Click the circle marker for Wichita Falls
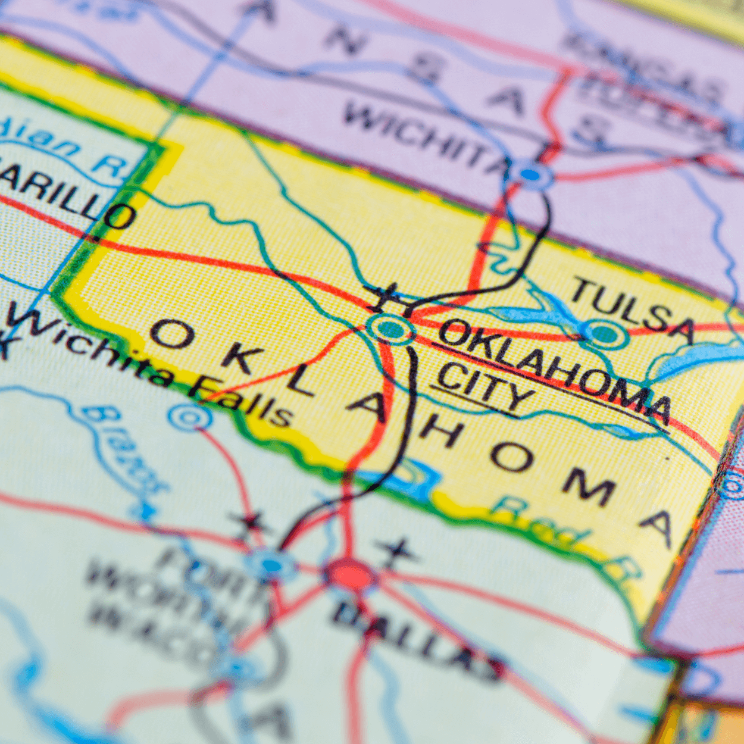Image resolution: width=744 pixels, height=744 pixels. coord(190,417)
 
